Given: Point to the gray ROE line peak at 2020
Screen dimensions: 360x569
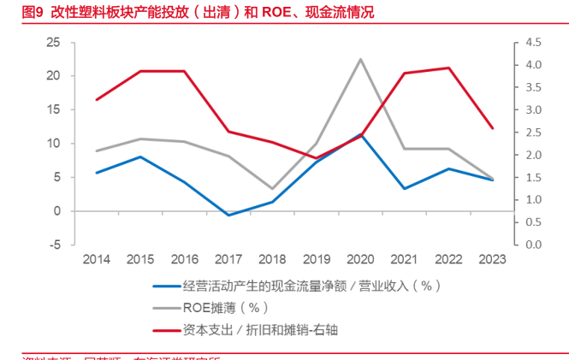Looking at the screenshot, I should [359, 59].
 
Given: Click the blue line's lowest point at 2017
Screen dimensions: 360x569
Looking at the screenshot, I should [228, 215].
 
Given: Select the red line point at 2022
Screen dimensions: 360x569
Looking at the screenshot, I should [447, 68].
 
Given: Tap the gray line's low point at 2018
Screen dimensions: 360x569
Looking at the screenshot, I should [272, 188].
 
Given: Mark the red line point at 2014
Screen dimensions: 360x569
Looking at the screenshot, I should [98, 100].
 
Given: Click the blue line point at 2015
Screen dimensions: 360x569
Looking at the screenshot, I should [141, 156].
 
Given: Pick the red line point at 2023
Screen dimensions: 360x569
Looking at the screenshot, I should [491, 128].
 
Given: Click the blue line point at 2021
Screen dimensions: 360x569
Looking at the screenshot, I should [403, 188].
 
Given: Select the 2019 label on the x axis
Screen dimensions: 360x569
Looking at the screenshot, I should [317, 258].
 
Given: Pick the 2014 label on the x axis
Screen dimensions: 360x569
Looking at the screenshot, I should [98, 258].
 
